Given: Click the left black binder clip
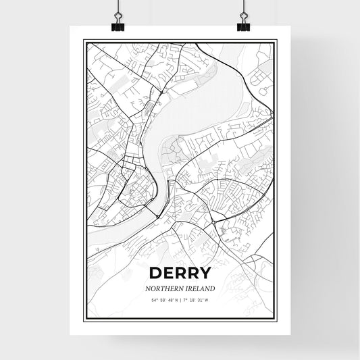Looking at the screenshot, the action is click(118, 26).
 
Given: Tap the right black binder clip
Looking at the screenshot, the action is click(242, 26).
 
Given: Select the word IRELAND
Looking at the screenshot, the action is click(199, 288).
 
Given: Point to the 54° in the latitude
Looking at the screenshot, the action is click(155, 299).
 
